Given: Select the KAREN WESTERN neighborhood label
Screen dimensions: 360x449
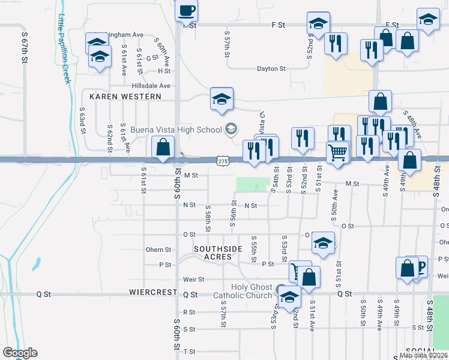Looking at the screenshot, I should pyautogui.click(x=125, y=97).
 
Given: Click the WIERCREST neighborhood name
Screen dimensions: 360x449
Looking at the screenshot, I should pyautogui.click(x=153, y=293).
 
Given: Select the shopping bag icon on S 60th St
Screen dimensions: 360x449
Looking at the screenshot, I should pyautogui.click(x=163, y=148).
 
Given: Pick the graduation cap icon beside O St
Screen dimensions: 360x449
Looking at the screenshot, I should pyautogui.click(x=323, y=244).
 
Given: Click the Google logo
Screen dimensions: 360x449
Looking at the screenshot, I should pyautogui.click(x=20, y=353).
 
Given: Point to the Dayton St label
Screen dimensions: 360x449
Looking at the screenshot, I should pyautogui.click(x=270, y=69).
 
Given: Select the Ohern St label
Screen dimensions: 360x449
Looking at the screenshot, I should pyautogui.click(x=158, y=250).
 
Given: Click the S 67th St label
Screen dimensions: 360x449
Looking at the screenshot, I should pyautogui.click(x=25, y=42).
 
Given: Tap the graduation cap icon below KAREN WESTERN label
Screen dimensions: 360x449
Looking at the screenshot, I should pyautogui.click(x=221, y=99).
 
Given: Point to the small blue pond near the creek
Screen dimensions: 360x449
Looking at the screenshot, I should pyautogui.click(x=37, y=263).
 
